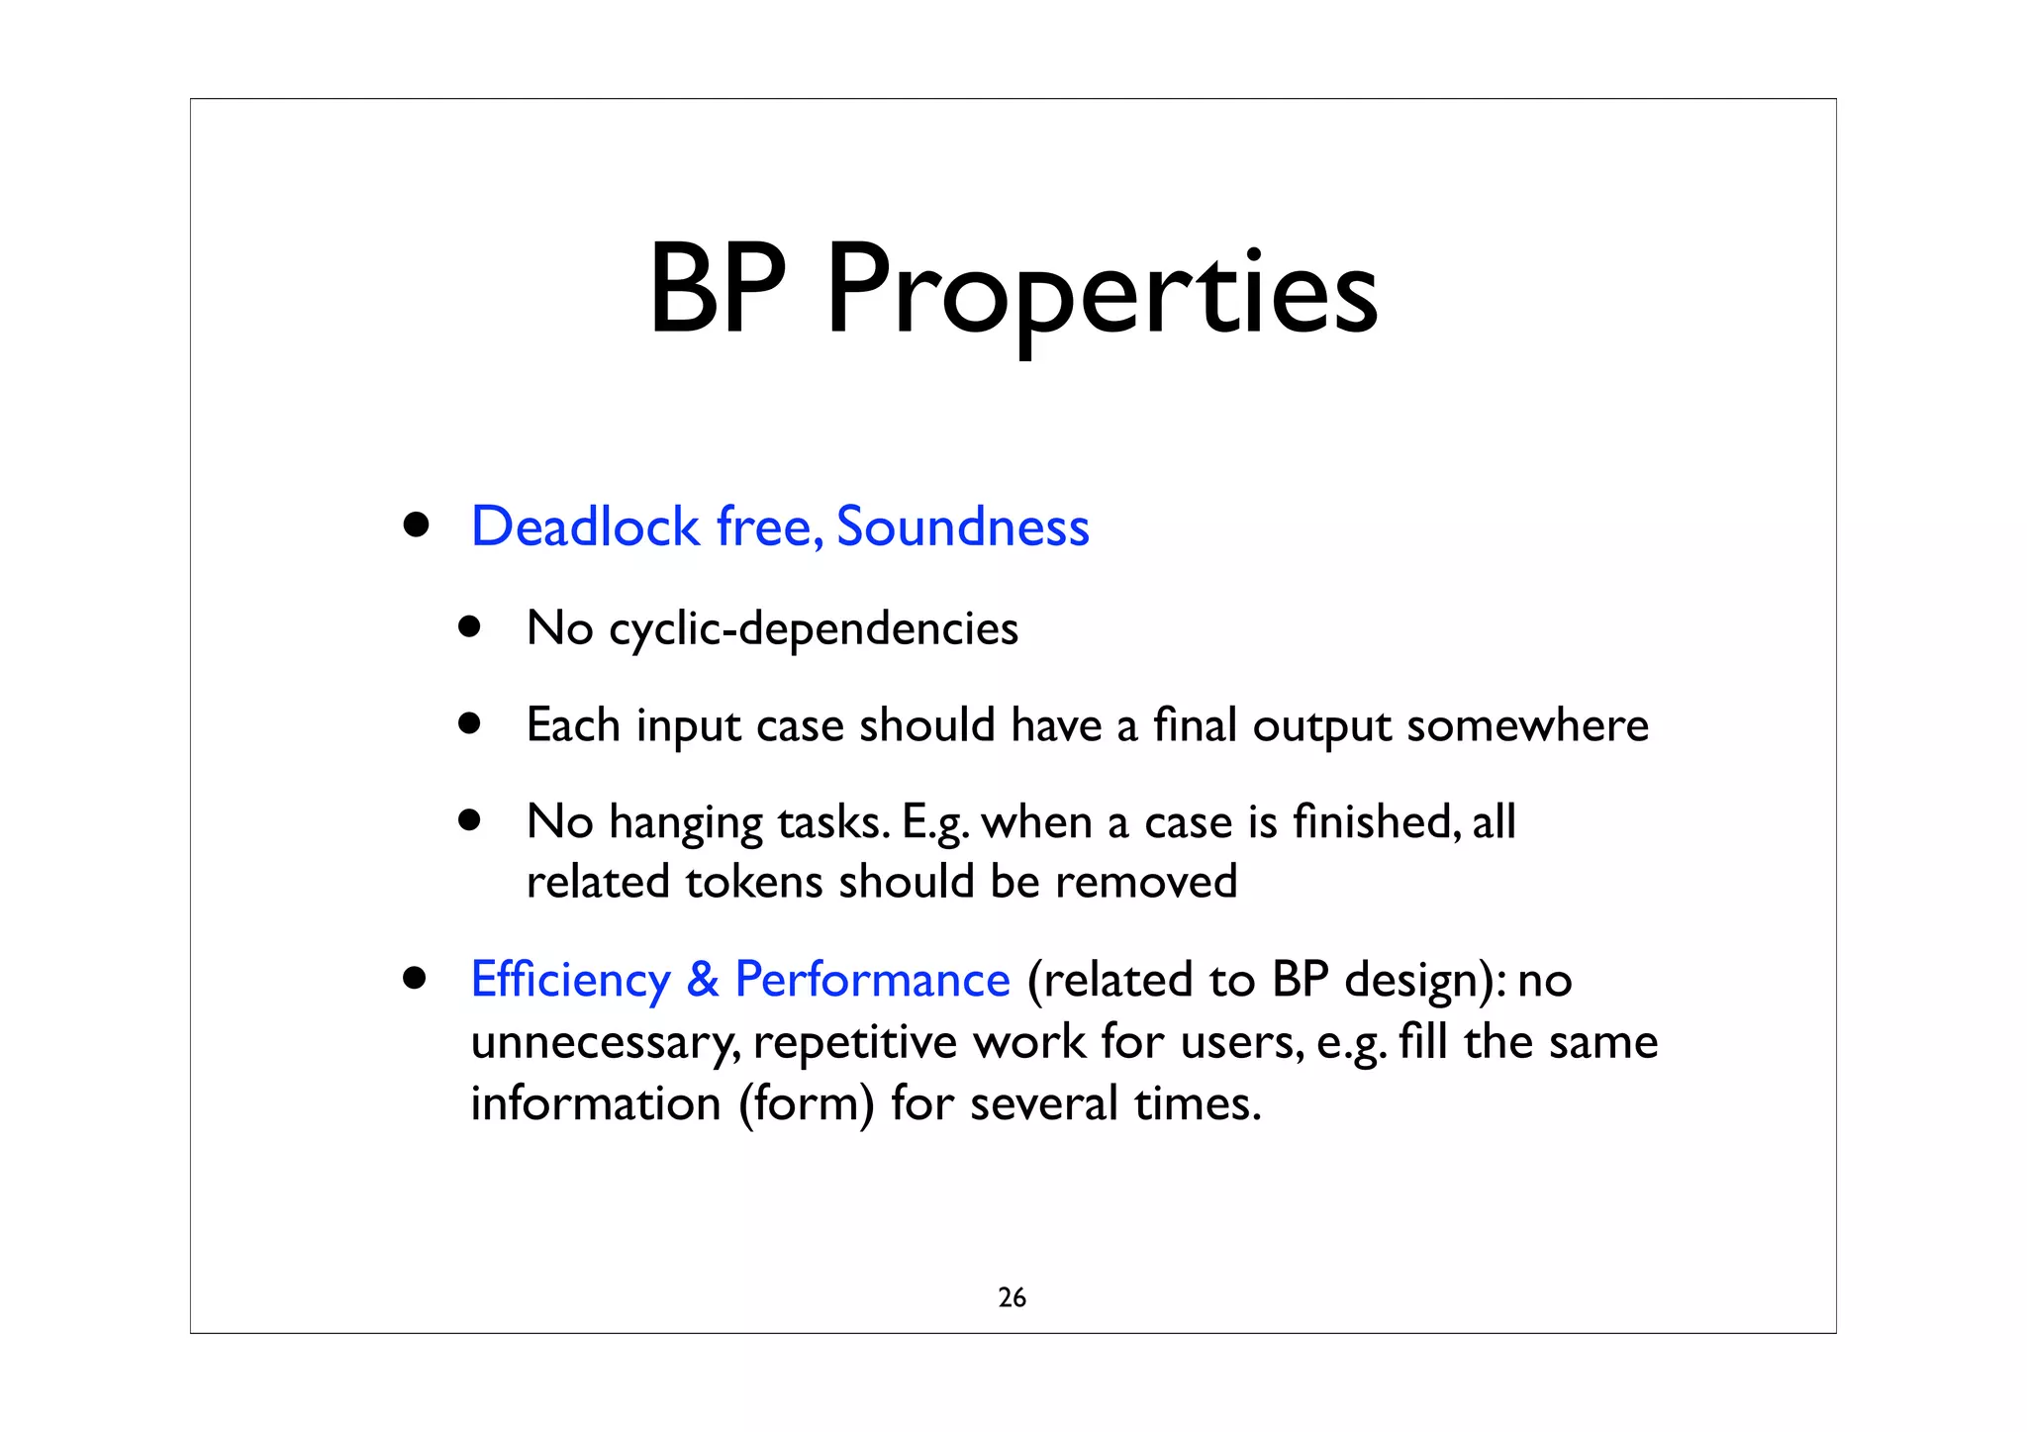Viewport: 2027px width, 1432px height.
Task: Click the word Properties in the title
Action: [x=1101, y=293]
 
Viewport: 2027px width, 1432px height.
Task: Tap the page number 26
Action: [x=1012, y=1297]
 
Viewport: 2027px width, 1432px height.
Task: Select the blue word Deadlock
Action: [x=585, y=526]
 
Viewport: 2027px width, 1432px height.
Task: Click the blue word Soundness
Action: [x=962, y=526]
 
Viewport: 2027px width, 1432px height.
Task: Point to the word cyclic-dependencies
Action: [x=813, y=629]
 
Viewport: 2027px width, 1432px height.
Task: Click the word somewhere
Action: [x=1527, y=725]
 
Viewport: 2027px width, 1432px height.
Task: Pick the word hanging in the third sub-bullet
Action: [x=685, y=823]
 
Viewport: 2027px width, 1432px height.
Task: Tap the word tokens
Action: [x=753, y=882]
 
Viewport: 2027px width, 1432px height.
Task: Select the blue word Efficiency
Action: [x=570, y=981]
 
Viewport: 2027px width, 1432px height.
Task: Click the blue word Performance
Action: [x=872, y=981]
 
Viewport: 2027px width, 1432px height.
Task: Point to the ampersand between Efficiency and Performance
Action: [x=702, y=981]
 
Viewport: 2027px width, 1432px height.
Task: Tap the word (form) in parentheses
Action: [x=806, y=1104]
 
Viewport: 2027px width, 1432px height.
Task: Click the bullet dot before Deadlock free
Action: [x=416, y=525]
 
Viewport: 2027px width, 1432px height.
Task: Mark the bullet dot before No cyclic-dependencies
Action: [x=469, y=627]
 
